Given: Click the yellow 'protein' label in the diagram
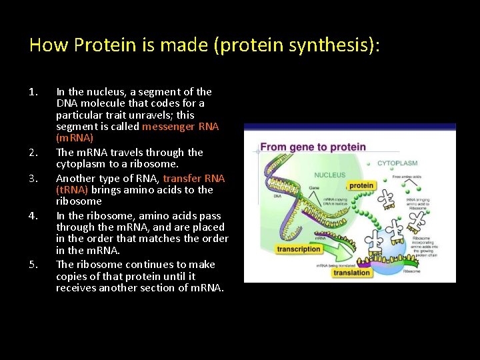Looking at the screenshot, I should pyautogui.click(x=361, y=185).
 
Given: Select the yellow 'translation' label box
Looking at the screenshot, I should pyautogui.click(x=351, y=272).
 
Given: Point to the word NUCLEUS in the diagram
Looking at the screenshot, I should pyautogui.click(x=330, y=175).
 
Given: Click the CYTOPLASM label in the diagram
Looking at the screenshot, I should pyautogui.click(x=397, y=163).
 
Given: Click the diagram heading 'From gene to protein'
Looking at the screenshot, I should pyautogui.click(x=313, y=147).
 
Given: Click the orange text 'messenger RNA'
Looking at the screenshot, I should pyautogui.click(x=180, y=127).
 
